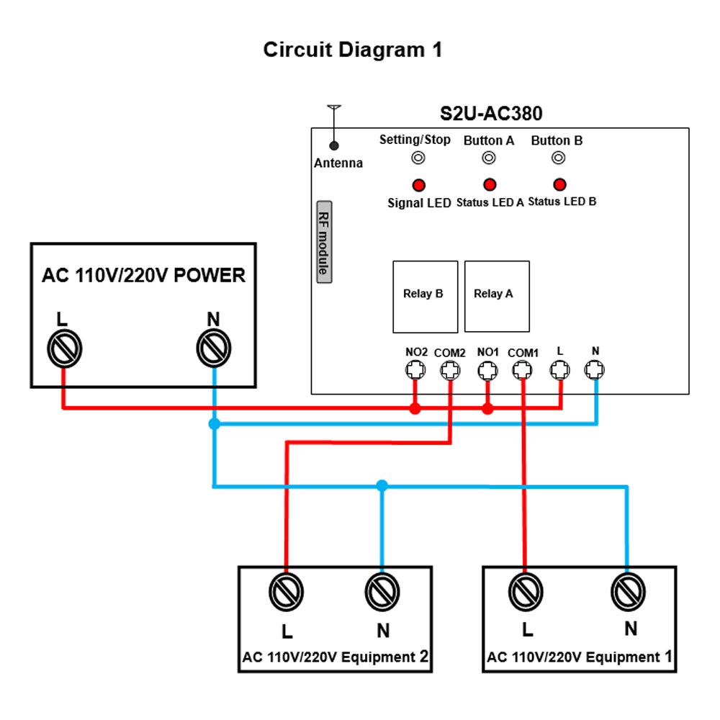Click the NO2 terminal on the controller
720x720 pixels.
click(415, 371)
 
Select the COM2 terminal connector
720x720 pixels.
click(451, 371)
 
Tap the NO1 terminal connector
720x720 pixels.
click(488, 371)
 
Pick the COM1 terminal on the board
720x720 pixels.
click(523, 371)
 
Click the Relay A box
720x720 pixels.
click(497, 296)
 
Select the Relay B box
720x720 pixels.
click(424, 296)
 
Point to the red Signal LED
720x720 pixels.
click(417, 184)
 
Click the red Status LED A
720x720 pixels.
click(489, 184)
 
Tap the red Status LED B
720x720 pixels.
click(559, 184)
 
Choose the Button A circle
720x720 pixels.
click(489, 158)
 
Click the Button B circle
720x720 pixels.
click(559, 158)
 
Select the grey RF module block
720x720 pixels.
click(324, 241)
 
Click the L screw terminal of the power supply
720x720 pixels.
click(64, 349)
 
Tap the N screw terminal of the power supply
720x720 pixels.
click(214, 349)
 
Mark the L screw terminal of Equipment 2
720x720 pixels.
click(286, 592)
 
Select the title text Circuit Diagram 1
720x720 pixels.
click(352, 50)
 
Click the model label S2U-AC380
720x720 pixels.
click(491, 114)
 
